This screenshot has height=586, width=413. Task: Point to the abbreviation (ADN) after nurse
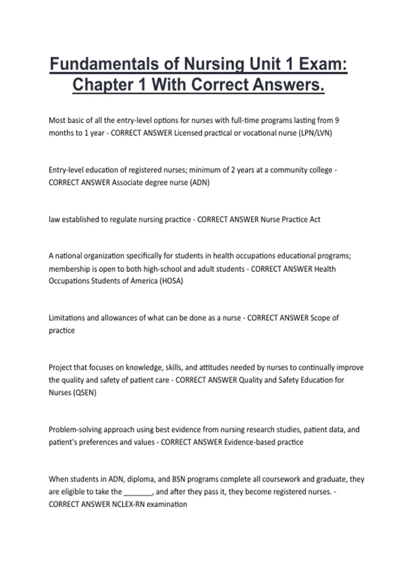click(200, 182)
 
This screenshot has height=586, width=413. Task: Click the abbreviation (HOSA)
click(171, 281)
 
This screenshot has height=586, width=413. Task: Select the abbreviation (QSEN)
click(84, 393)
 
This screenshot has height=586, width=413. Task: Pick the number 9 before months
click(337, 120)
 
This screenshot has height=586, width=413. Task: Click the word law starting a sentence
click(54, 220)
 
